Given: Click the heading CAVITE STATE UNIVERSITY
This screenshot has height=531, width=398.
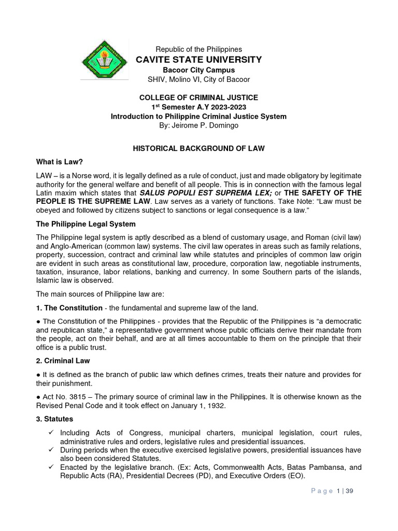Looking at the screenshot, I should pyautogui.click(x=198, y=60).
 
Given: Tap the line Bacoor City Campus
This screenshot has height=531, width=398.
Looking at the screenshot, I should pyautogui.click(x=198, y=70).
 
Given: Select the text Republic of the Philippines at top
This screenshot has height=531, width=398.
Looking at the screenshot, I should pyautogui.click(x=198, y=49).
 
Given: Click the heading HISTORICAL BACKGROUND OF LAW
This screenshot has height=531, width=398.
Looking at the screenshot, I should pyautogui.click(x=198, y=148).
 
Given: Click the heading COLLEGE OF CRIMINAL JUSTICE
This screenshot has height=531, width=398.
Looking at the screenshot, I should pyautogui.click(x=198, y=97).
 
